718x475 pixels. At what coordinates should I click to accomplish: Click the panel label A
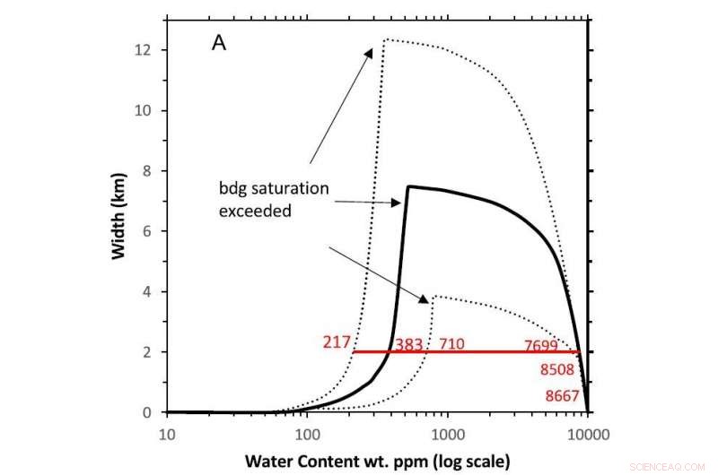pyautogui.click(x=219, y=43)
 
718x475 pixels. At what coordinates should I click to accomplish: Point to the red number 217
pyautogui.click(x=335, y=343)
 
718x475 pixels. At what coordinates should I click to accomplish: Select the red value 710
pyautogui.click(x=451, y=344)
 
